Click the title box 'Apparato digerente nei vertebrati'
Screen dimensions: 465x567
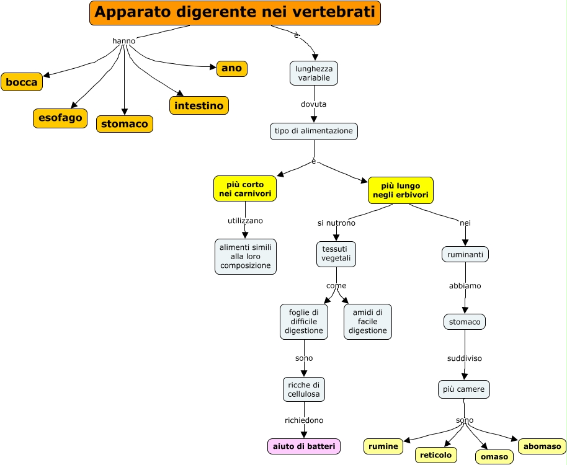(235, 13)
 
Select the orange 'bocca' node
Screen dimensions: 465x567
(22, 82)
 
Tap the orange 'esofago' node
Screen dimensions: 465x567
(60, 118)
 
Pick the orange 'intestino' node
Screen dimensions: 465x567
(199, 105)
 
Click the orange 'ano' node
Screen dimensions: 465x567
(231, 68)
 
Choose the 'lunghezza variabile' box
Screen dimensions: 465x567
(314, 73)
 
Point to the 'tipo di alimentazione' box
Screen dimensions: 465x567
(314, 131)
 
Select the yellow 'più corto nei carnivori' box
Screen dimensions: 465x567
(245, 189)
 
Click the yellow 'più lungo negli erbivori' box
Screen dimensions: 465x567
(400, 190)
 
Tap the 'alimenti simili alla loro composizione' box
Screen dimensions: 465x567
(246, 256)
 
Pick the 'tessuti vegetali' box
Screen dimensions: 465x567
(336, 254)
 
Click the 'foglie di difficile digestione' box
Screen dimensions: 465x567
(304, 322)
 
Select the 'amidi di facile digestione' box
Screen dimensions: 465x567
(368, 322)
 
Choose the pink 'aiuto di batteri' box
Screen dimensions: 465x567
(304, 446)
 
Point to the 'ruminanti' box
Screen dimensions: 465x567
(465, 254)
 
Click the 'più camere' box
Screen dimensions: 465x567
(464, 389)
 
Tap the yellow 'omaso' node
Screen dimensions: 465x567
(494, 457)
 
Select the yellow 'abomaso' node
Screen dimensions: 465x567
(542, 446)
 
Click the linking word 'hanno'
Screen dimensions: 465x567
(124, 41)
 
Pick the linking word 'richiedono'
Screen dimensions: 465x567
(304, 420)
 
